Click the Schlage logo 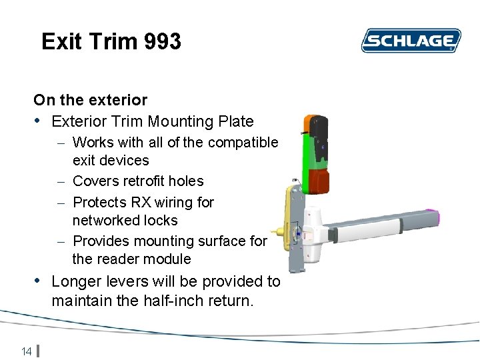click(x=411, y=41)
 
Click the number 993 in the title click(x=162, y=42)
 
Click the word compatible click(x=243, y=142)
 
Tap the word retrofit click(x=133, y=181)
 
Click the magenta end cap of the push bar click(x=437, y=215)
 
